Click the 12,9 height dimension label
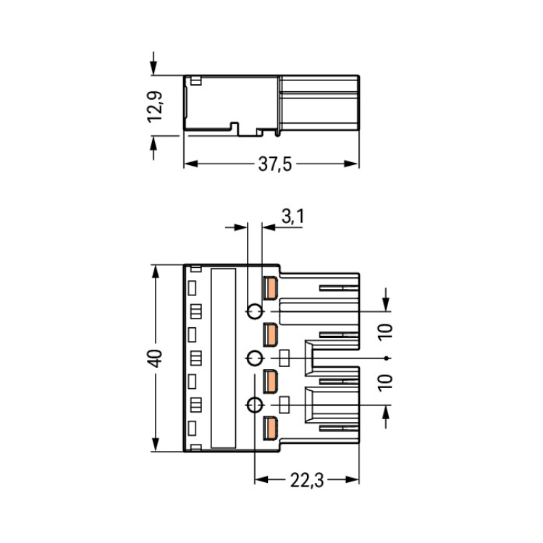click(155, 106)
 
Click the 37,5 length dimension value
click(275, 164)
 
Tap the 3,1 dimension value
click(292, 217)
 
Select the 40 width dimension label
click(155, 358)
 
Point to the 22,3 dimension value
click(307, 480)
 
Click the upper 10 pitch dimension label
click(385, 332)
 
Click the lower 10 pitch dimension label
click(385, 383)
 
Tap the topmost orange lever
click(270, 287)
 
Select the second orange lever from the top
click(270, 335)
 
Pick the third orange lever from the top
click(270, 382)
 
